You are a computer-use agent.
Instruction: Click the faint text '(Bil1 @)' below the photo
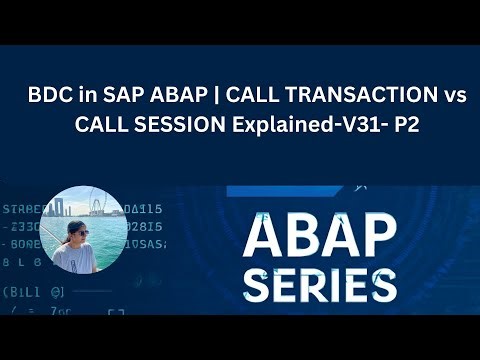tap(33, 293)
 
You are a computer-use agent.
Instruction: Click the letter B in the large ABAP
tap(306, 235)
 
